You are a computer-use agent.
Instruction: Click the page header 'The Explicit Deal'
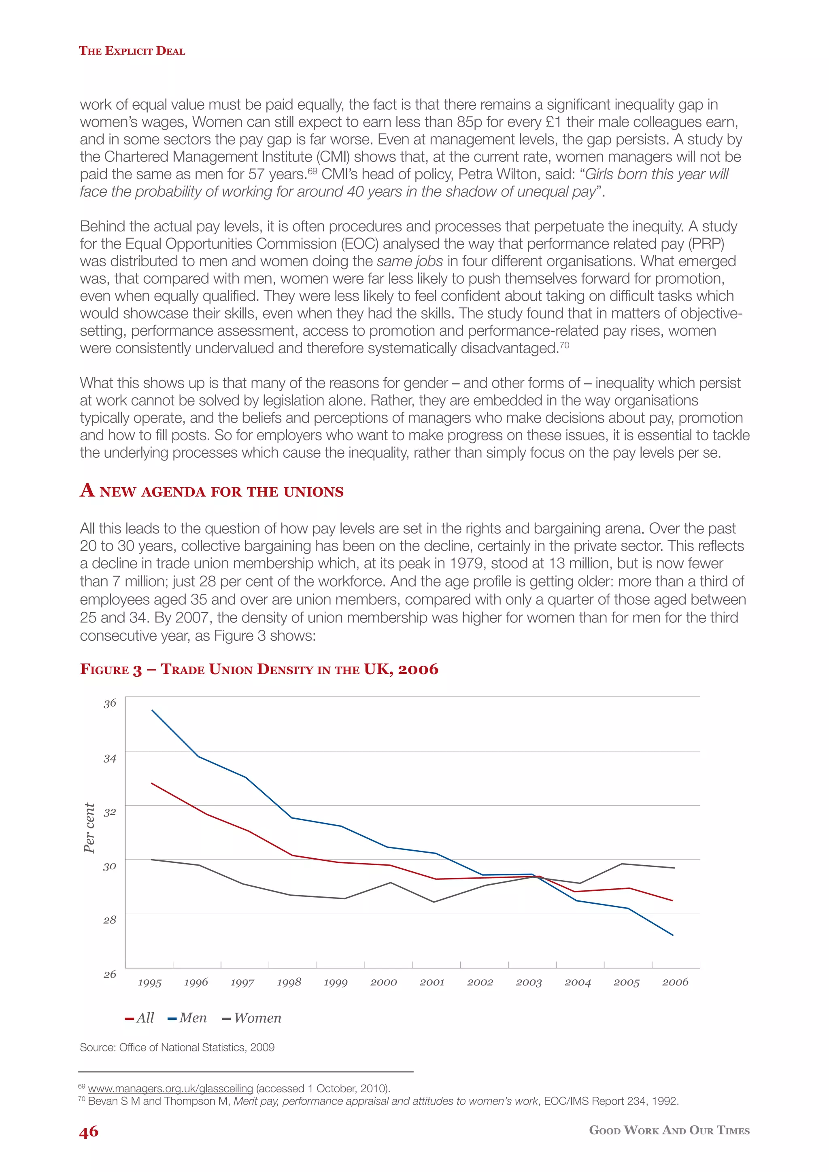(132, 51)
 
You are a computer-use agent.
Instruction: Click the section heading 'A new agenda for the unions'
(211, 491)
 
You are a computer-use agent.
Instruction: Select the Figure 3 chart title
(259, 669)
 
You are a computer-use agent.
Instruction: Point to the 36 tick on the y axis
(110, 703)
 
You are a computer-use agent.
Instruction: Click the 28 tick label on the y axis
(110, 920)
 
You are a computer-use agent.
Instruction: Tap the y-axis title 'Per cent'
(89, 828)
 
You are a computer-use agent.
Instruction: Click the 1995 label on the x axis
(149, 983)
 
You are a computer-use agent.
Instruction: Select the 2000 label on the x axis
(383, 983)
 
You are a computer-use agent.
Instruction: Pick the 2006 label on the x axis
(675, 982)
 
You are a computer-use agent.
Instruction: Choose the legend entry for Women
(252, 1018)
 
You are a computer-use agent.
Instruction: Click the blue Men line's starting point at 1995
(152, 710)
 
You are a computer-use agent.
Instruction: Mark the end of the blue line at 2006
(673, 935)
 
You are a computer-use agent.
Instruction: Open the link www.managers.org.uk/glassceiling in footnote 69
(170, 1088)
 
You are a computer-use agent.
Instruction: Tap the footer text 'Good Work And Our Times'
(669, 1130)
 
